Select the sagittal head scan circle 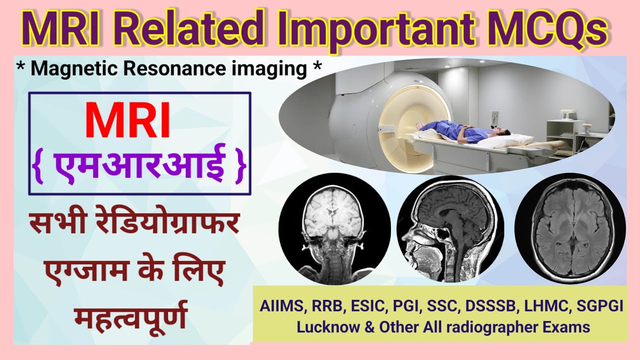[450, 227]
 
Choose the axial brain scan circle [569, 227]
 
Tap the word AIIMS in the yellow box [277, 306]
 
